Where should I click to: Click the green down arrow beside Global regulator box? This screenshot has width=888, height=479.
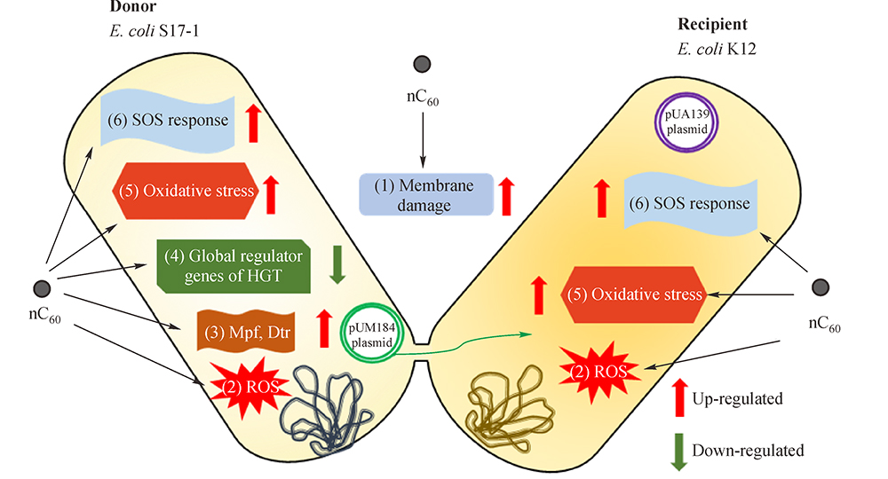[337, 265]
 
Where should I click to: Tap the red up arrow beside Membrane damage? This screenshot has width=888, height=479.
[506, 195]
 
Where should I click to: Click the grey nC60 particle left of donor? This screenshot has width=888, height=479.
[41, 288]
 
